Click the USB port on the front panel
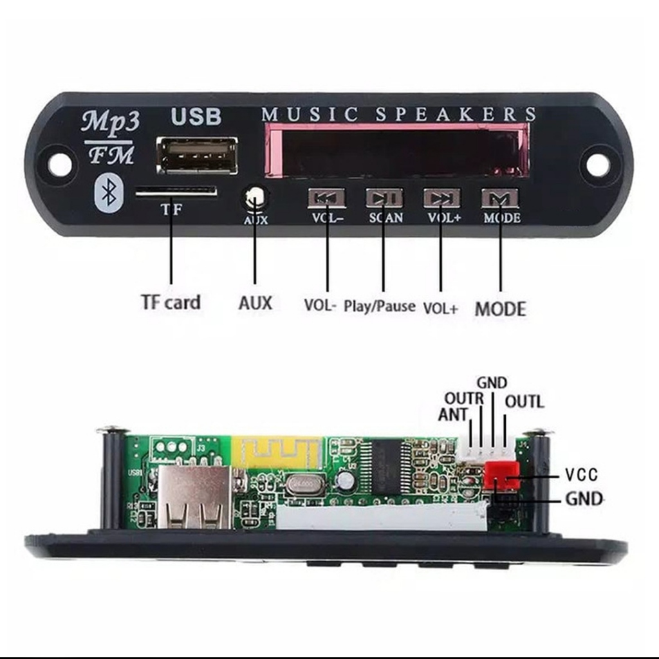(197, 156)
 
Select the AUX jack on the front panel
(255, 196)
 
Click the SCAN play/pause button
(384, 197)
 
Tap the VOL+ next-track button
(441, 197)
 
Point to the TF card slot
(176, 190)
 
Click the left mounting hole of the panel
(59, 165)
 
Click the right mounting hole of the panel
(597, 165)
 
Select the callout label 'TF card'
(171, 302)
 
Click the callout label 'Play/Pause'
(379, 306)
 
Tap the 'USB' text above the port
(196, 116)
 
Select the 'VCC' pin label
(581, 475)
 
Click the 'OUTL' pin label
(524, 402)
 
